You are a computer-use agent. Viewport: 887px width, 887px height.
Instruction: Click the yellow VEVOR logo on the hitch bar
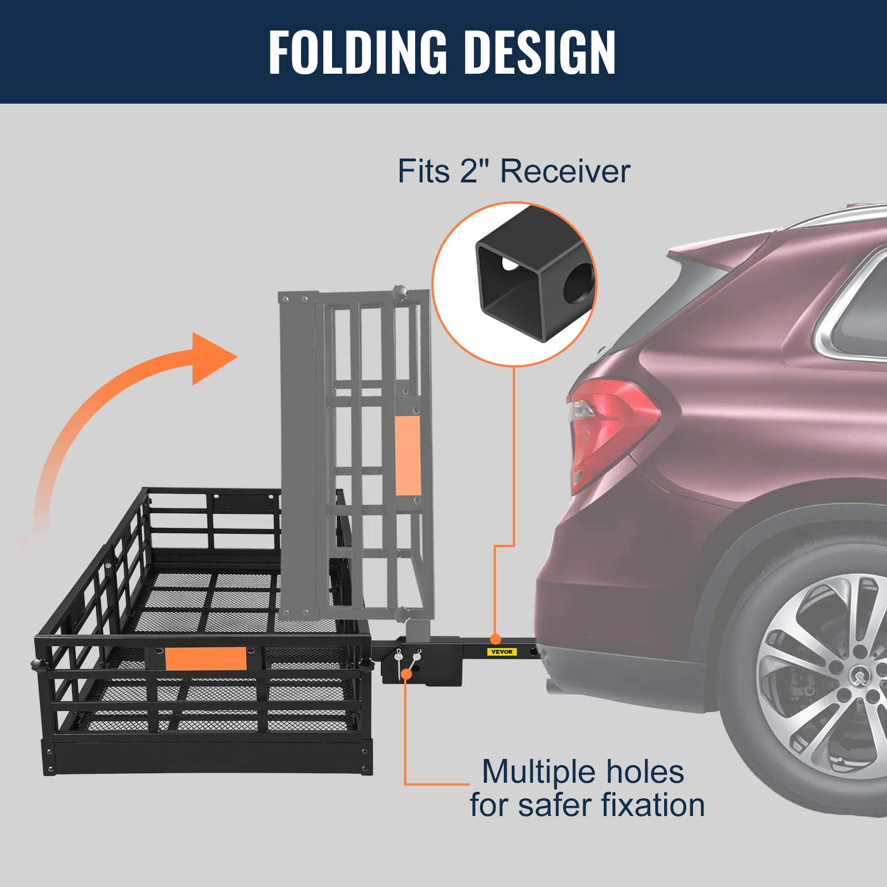click(x=502, y=652)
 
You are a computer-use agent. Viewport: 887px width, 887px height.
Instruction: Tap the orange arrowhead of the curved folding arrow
click(x=213, y=358)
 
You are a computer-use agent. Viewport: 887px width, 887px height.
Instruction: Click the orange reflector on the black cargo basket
click(x=206, y=659)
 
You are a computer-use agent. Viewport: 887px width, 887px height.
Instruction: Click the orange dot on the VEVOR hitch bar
click(x=496, y=639)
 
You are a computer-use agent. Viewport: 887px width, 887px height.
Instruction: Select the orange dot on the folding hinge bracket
click(x=406, y=674)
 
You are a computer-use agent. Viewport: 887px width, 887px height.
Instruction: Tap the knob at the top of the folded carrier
click(x=399, y=292)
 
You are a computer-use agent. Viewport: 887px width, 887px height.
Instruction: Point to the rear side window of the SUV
click(x=865, y=310)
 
